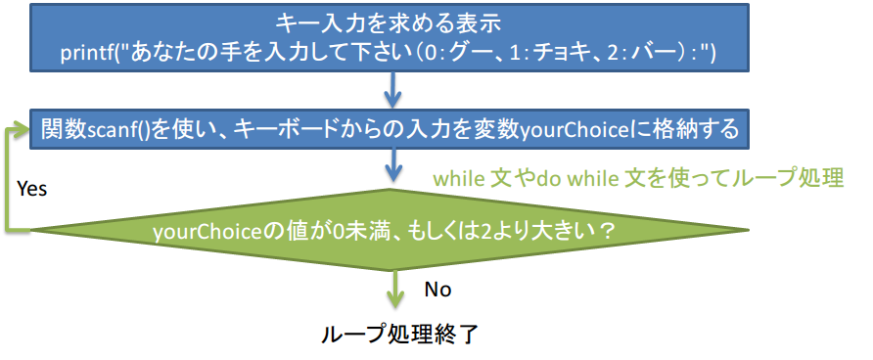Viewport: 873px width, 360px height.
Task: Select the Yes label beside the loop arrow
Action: [31, 189]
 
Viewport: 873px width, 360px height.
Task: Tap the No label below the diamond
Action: [437, 290]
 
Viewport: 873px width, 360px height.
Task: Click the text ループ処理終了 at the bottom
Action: [399, 334]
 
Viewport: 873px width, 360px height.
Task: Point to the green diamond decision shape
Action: [390, 230]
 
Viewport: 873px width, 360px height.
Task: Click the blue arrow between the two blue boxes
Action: [393, 90]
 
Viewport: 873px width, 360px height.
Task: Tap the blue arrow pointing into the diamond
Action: [393, 165]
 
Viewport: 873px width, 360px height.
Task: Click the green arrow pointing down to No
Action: [395, 289]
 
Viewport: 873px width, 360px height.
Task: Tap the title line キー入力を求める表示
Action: [390, 23]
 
